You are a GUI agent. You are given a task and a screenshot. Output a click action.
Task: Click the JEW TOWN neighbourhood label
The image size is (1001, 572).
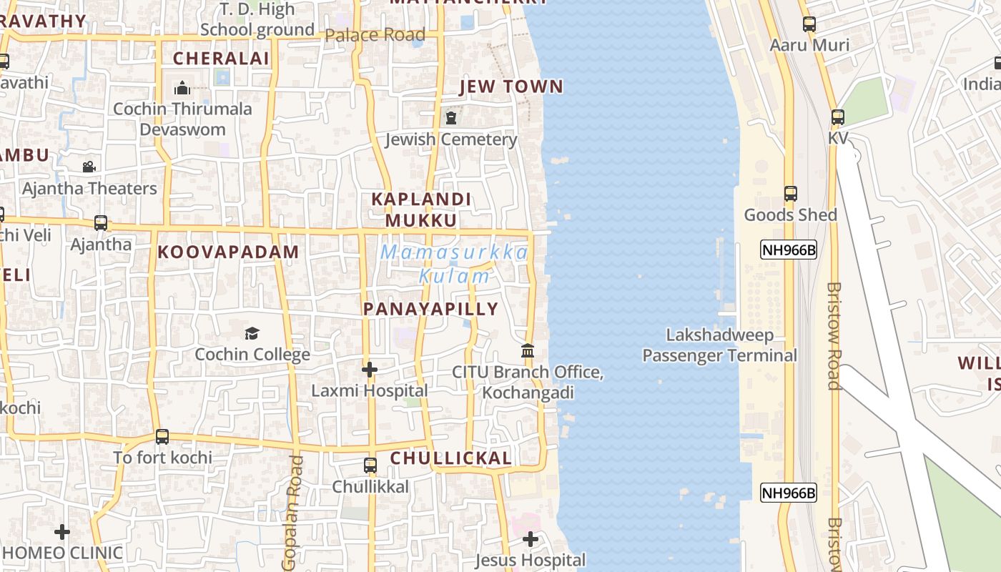tap(511, 87)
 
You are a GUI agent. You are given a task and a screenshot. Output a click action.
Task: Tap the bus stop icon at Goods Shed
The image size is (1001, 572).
tap(790, 194)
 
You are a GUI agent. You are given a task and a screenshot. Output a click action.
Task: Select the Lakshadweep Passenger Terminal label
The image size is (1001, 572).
tap(719, 345)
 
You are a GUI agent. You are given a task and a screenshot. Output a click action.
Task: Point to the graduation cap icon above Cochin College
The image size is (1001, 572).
tap(252, 333)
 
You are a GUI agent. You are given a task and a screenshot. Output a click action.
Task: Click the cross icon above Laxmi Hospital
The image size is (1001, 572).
tap(369, 370)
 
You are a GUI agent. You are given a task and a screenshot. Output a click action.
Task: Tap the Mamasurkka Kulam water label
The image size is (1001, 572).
tap(455, 263)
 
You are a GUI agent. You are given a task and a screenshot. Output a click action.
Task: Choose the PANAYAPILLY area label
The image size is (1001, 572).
tap(430, 309)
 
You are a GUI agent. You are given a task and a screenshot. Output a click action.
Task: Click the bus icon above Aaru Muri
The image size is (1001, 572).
tap(809, 24)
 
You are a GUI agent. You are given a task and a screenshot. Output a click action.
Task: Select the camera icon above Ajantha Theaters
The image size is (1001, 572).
tap(89, 167)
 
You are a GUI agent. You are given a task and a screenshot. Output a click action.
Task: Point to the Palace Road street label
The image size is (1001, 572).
tap(375, 34)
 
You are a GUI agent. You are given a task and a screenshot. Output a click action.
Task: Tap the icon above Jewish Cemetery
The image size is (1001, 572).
tap(451, 118)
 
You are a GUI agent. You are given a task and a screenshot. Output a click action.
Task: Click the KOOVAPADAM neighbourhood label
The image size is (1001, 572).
tap(228, 252)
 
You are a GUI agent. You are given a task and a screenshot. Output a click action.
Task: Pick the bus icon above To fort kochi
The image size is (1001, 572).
tap(162, 437)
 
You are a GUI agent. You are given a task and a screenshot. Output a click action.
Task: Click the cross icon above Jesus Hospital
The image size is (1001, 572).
tap(530, 539)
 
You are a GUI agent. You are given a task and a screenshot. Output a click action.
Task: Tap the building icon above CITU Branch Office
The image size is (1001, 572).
tap(528, 351)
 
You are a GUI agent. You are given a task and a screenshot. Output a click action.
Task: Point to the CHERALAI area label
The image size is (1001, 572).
tap(212, 58)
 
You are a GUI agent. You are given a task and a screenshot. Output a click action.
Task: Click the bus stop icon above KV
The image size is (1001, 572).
tap(837, 117)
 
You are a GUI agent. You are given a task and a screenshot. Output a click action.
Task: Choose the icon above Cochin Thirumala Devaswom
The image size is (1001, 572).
tap(182, 88)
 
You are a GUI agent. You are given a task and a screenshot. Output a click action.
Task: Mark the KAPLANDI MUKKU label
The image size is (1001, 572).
tap(421, 209)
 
